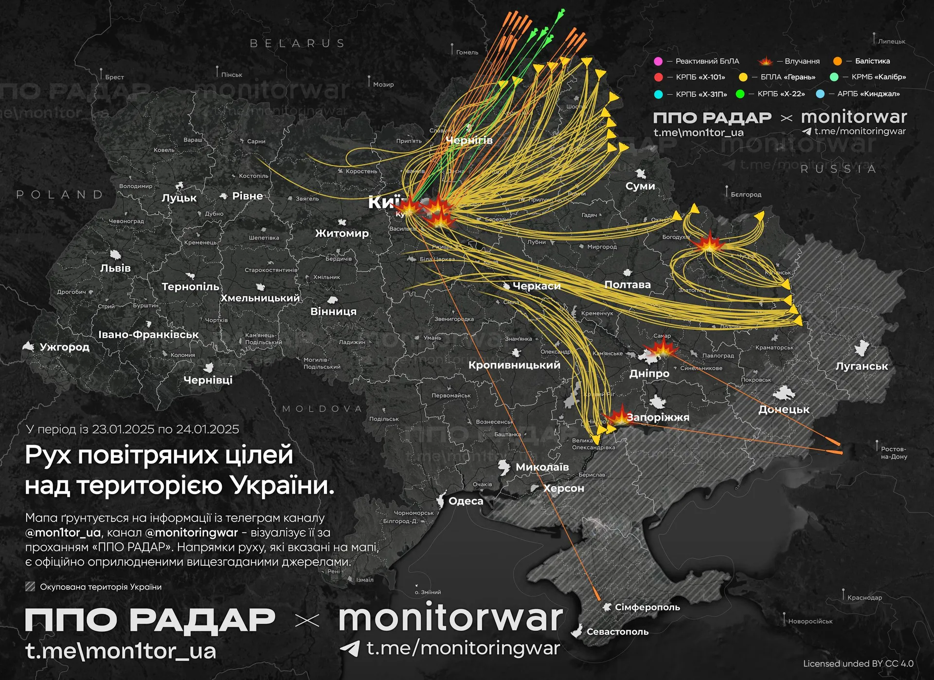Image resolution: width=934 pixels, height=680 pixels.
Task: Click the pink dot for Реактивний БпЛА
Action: pos(658,61)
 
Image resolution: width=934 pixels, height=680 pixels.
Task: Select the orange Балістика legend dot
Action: pos(837,61)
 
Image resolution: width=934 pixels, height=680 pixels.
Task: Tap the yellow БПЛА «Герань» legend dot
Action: pos(743,77)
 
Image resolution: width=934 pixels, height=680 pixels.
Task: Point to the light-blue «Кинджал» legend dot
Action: pos(820,94)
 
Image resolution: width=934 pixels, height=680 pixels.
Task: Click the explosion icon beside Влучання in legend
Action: pos(765,61)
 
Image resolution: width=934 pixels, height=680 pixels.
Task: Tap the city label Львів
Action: pos(115,268)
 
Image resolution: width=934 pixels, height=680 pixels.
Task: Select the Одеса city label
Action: pos(466,501)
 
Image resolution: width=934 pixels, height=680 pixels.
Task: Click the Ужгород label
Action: pos(64,347)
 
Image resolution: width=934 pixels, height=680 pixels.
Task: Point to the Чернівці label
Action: pos(208,380)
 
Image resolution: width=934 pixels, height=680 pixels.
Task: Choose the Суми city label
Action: pos(640,186)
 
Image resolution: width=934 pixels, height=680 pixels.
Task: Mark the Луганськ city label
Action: pos(862,366)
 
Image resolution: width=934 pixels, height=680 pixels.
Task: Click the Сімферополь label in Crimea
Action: pos(647,607)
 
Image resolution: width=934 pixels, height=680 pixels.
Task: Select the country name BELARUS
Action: pos(297,43)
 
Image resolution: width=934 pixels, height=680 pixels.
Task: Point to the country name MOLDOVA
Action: pos(322,409)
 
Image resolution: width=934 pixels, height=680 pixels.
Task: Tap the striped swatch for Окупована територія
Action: pos(30,587)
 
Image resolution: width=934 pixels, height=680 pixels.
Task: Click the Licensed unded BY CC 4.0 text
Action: pos(858,663)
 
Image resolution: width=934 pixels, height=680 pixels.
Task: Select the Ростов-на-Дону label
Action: pos(894,453)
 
